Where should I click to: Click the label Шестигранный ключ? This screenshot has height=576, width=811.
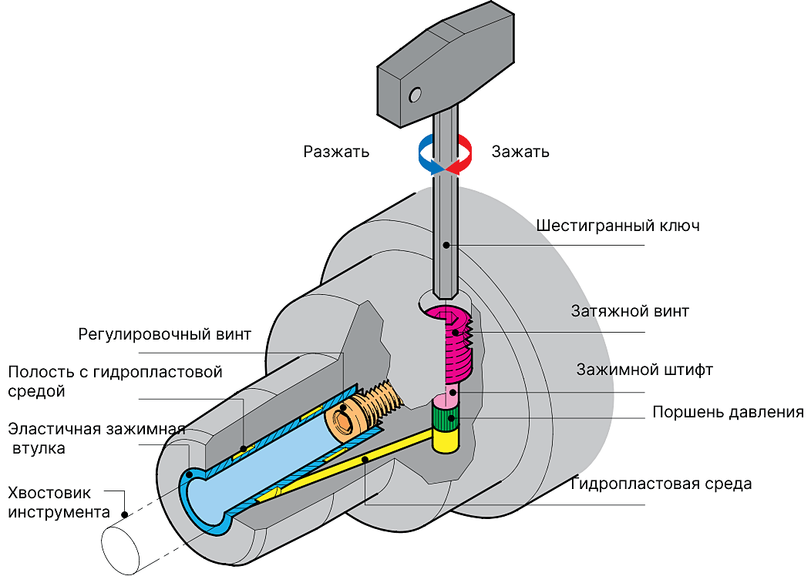[x=618, y=226]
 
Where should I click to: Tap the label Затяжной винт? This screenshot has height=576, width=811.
[x=630, y=312]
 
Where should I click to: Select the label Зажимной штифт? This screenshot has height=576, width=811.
[x=644, y=370]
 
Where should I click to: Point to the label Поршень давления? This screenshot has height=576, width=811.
[x=728, y=412]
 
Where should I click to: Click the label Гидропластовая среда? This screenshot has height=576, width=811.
[x=661, y=484]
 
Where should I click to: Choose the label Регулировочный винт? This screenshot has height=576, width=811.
[x=164, y=335]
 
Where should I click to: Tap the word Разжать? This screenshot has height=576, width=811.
[x=336, y=152]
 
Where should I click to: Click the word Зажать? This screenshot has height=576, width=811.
[x=520, y=152]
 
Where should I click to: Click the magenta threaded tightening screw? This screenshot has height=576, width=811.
[x=455, y=343]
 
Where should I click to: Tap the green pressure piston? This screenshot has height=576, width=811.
[x=446, y=419]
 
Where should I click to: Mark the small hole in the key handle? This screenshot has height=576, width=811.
[x=416, y=94]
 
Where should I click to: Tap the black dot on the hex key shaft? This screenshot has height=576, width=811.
[x=446, y=245]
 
